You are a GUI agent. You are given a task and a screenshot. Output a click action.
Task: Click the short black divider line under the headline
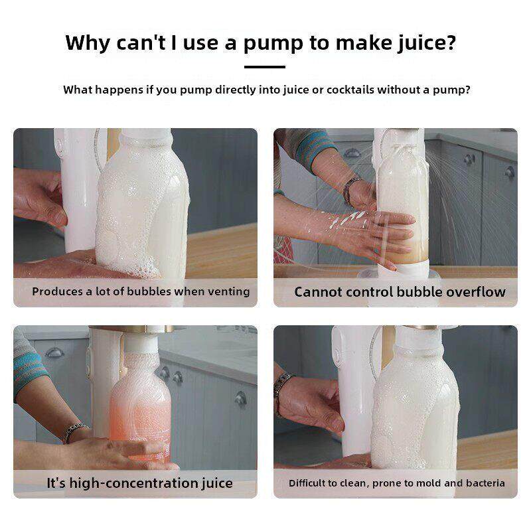(x=264, y=67)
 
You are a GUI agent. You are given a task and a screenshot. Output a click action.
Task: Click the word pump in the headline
(x=273, y=44)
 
